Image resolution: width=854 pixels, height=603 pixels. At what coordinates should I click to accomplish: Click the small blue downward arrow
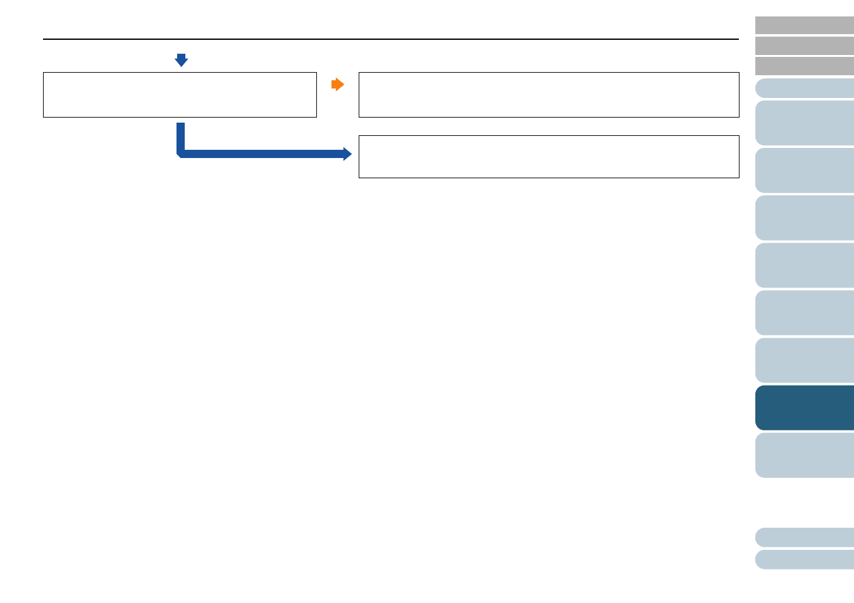coord(182,60)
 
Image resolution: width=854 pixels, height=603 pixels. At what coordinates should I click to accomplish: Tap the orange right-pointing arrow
coord(338,85)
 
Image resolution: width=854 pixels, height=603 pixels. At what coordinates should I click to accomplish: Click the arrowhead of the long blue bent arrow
coord(347,154)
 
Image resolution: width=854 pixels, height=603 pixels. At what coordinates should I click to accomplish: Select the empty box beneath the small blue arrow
coord(180,95)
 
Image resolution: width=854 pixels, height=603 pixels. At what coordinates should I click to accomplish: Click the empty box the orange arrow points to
coord(548,95)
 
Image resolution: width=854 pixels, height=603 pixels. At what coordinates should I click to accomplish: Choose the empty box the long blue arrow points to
coord(548,157)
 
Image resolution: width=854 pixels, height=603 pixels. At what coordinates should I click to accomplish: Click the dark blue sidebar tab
coord(805,408)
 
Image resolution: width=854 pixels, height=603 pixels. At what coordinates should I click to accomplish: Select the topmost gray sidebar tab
coord(805,25)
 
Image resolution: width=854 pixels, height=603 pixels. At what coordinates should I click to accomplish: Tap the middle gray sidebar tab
coord(805,46)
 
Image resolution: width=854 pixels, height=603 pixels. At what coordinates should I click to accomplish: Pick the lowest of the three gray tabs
coord(805,66)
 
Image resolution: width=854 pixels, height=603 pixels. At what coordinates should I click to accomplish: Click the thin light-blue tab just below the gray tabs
coord(805,88)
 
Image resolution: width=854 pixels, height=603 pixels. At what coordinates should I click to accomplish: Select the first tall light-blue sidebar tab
coord(805,123)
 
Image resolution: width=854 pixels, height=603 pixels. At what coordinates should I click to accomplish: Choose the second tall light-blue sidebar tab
coord(805,171)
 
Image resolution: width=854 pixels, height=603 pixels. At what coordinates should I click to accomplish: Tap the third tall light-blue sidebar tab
coord(805,218)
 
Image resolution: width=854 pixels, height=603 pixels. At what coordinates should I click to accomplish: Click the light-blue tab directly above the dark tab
coord(805,360)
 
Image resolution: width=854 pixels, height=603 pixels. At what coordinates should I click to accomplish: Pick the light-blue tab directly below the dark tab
coord(805,455)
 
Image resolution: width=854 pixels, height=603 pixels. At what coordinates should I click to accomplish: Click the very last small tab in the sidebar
coord(805,559)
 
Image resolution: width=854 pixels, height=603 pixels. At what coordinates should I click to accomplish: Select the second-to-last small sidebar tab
coord(805,537)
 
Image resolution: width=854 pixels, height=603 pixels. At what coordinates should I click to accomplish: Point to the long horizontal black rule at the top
coord(390,39)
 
